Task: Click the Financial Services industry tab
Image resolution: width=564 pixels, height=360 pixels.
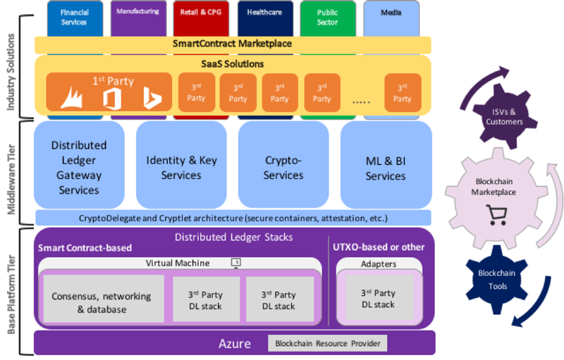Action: (x=75, y=18)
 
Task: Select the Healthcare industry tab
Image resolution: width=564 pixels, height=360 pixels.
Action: (x=265, y=18)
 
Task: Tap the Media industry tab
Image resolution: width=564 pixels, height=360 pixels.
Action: (x=391, y=18)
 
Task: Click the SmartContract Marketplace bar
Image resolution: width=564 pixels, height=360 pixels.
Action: (x=233, y=44)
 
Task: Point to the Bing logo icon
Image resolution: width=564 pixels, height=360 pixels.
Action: (x=152, y=97)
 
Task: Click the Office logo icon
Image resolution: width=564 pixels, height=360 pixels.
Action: (x=112, y=99)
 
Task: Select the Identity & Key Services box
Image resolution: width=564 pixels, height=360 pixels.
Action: (x=181, y=165)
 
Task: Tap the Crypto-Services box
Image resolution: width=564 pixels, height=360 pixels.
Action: (x=283, y=165)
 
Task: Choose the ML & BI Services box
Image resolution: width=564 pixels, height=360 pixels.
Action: (x=386, y=165)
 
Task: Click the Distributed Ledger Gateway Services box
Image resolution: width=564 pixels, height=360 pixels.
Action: (x=79, y=165)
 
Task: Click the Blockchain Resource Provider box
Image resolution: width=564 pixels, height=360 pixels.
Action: (x=327, y=344)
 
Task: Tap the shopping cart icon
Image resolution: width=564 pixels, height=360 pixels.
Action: (x=497, y=215)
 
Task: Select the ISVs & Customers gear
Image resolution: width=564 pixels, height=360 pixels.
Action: (x=503, y=116)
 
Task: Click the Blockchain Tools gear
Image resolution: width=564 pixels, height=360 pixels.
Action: (x=497, y=280)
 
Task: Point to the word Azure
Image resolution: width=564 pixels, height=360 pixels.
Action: (x=235, y=344)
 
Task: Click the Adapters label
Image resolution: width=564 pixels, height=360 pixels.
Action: (x=379, y=264)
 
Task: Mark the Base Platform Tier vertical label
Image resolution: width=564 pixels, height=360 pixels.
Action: (x=11, y=294)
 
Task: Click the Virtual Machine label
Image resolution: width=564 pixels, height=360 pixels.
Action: (x=178, y=263)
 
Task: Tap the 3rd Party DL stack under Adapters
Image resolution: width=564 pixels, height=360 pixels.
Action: (x=379, y=298)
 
